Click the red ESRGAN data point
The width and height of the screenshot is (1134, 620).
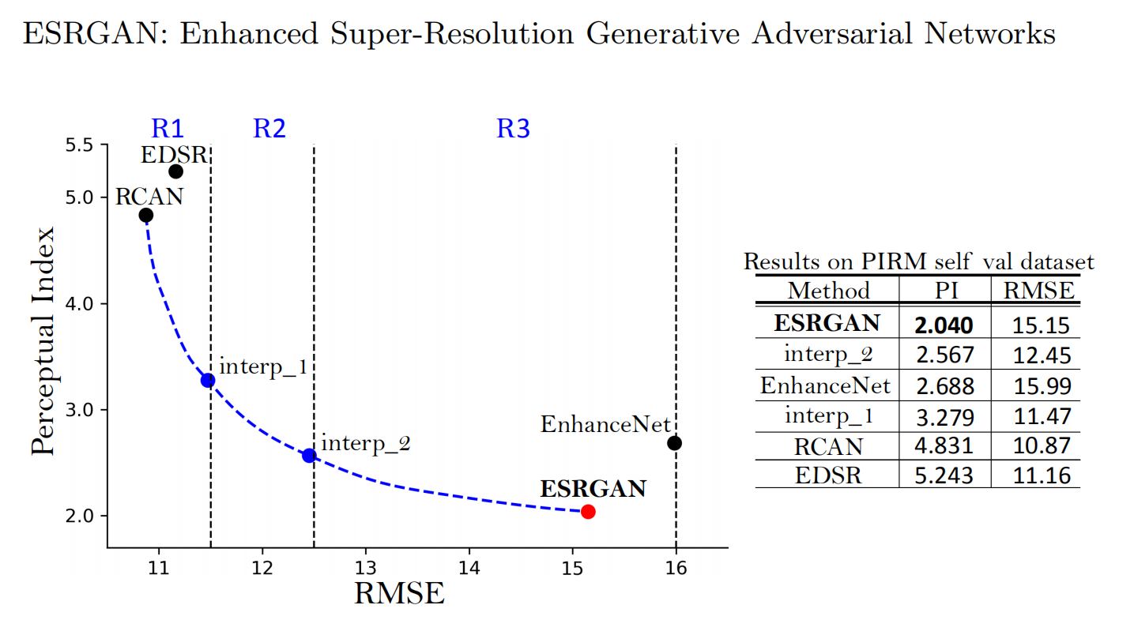coord(588,512)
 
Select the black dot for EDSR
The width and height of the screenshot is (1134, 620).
coord(175,171)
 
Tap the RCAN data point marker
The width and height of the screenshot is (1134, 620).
coord(145,215)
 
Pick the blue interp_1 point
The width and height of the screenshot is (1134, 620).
coord(208,380)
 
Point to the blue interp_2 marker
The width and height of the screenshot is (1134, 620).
coord(309,455)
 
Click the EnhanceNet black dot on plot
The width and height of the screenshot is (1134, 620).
coord(674,443)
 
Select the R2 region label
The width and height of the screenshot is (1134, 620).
coord(269,128)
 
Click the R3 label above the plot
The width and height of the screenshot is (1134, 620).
coord(513,128)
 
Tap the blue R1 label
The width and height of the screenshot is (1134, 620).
coord(167,128)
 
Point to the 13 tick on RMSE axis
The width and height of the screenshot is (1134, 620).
coord(366,567)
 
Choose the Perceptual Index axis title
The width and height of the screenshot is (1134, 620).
coord(44,341)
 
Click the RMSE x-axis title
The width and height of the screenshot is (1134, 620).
coord(399,593)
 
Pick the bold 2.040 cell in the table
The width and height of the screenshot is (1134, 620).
coord(944,325)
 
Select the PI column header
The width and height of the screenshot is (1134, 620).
coord(944,291)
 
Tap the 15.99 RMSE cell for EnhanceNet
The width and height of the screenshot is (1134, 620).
coord(1042,386)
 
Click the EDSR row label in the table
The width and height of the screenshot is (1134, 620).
coord(827,475)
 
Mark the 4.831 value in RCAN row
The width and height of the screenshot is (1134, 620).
coord(944,445)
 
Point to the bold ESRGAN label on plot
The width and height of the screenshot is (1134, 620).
coord(593,489)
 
